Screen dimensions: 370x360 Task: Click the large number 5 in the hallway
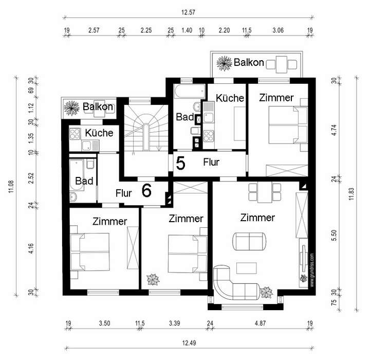click(180, 164)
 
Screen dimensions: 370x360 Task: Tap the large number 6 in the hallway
click(146, 191)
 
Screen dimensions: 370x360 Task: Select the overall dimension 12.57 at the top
click(188, 12)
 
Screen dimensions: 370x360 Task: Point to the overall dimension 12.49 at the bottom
click(189, 343)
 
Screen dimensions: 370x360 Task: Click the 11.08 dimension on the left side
click(11, 187)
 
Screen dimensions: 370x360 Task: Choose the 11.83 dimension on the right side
click(351, 194)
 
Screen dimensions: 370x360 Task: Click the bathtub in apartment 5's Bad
click(190, 92)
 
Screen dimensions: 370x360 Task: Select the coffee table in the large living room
click(246, 268)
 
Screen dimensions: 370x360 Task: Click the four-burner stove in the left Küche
click(75, 134)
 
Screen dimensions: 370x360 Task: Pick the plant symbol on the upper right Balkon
click(224, 63)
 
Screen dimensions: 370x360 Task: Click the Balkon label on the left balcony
click(98, 107)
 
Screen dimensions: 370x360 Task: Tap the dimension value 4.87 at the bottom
click(260, 323)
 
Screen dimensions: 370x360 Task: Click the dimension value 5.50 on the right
click(334, 235)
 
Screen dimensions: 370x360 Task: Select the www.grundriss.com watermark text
click(312, 270)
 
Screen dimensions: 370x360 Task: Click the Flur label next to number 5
click(211, 162)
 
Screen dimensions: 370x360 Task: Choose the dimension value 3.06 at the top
click(278, 30)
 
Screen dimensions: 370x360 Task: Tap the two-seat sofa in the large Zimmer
click(249, 241)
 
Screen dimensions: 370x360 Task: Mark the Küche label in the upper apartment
click(230, 98)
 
